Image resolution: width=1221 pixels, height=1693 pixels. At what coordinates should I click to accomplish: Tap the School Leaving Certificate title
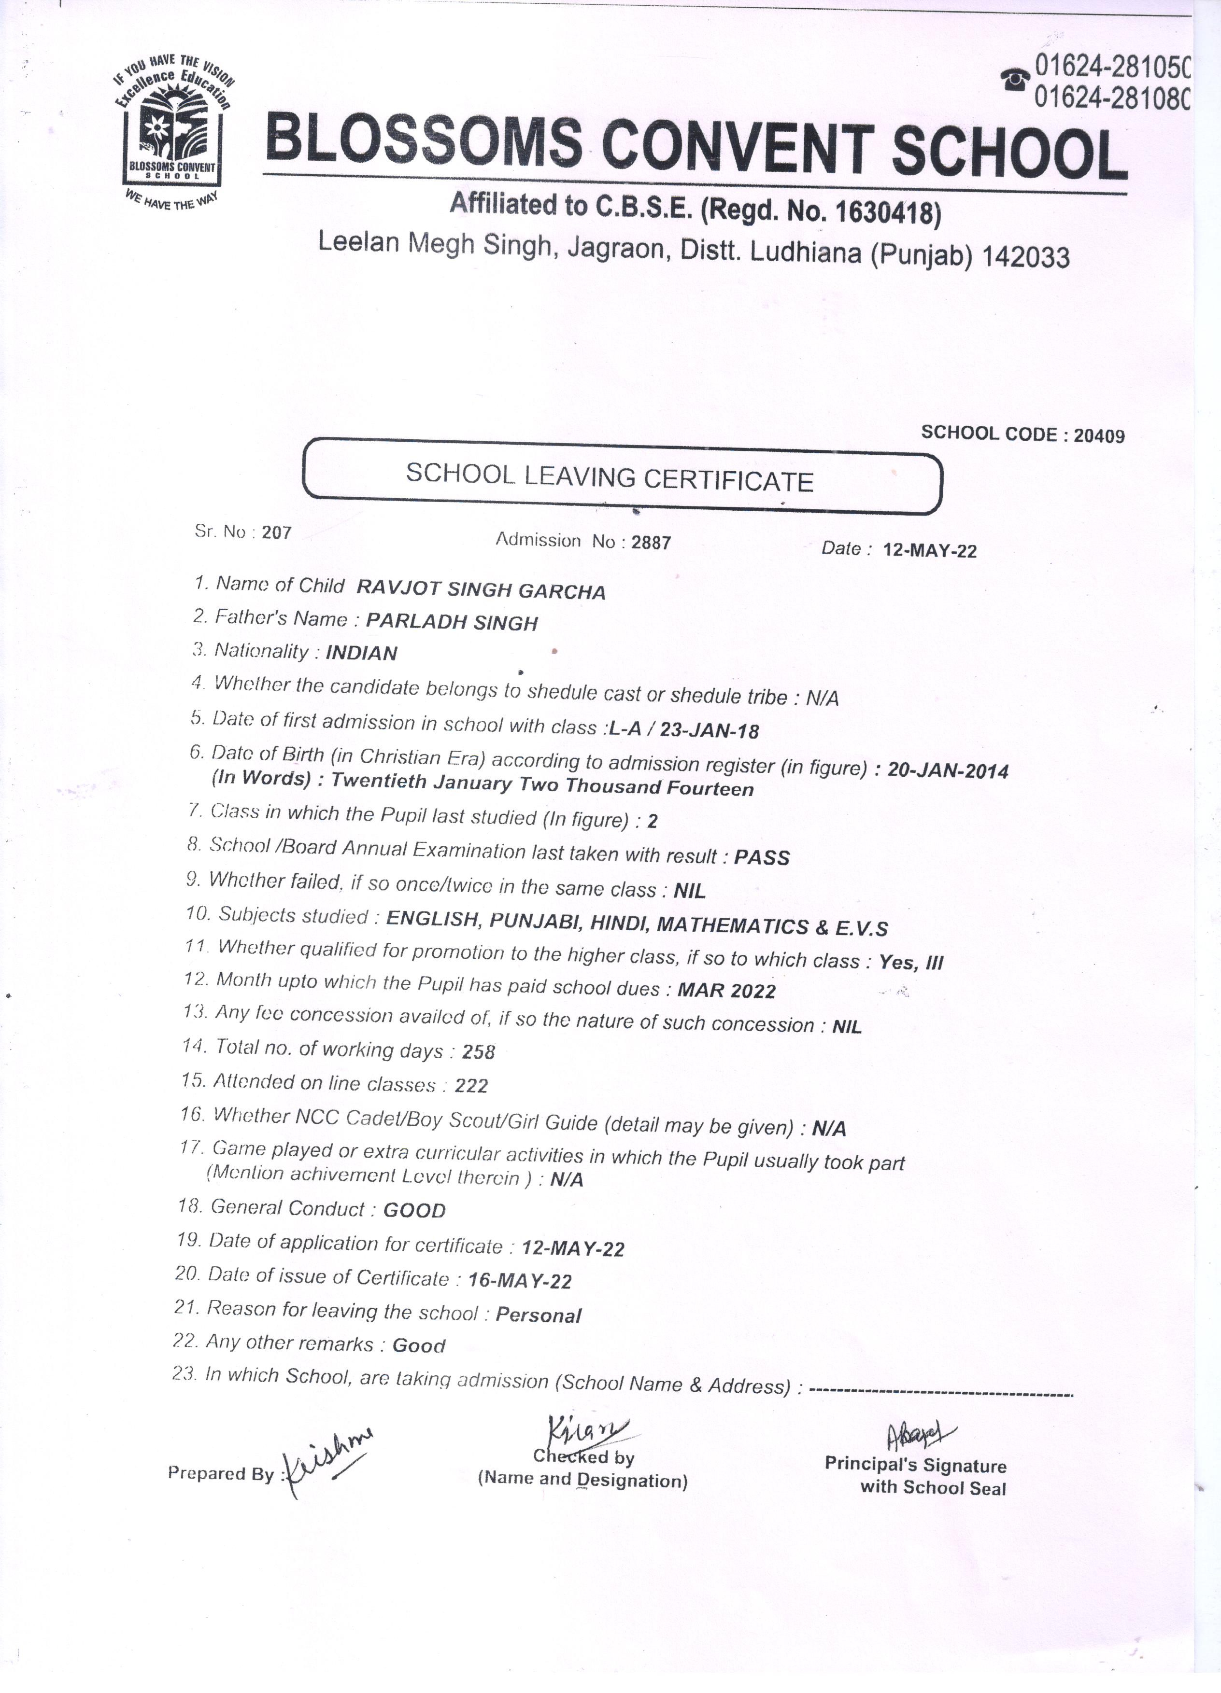point(610,478)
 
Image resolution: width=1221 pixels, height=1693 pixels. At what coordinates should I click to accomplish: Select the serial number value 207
point(276,533)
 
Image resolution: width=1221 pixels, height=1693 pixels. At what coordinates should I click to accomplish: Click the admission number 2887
point(651,543)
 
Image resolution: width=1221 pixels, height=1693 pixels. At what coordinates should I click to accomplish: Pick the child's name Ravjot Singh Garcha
point(481,590)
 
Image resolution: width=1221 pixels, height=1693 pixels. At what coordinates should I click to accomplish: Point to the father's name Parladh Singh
point(453,622)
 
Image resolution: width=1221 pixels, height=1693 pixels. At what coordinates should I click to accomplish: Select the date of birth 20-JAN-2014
point(948,770)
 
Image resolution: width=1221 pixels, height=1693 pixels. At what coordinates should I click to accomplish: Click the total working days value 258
point(479,1052)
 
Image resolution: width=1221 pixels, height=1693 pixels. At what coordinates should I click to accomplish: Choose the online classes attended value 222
point(471,1085)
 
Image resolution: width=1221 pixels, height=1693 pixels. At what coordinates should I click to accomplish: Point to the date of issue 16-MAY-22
point(520,1281)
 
